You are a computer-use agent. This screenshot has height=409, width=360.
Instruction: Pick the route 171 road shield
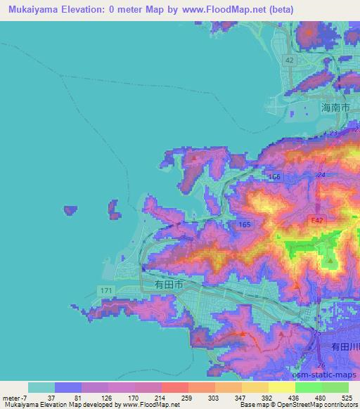tap(104, 290)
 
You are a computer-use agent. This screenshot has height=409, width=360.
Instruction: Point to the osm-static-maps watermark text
tap(330, 373)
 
